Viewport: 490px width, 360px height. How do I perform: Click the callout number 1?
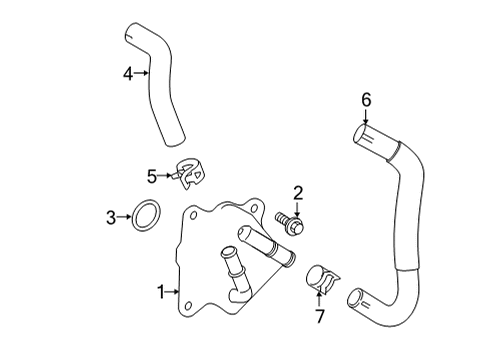[160, 292]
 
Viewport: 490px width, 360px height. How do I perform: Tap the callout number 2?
[297, 193]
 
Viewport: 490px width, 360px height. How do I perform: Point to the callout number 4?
[128, 72]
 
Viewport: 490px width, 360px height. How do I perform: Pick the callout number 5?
[152, 176]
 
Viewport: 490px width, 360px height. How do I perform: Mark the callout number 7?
[320, 317]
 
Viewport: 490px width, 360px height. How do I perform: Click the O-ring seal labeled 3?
[146, 214]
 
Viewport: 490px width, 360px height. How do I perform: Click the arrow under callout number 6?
[366, 115]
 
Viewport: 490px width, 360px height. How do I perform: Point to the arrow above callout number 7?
[320, 300]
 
